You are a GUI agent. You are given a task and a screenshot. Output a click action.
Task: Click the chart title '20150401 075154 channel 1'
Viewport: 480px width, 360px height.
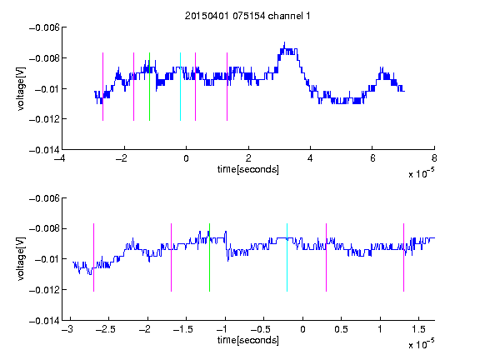(x=247, y=16)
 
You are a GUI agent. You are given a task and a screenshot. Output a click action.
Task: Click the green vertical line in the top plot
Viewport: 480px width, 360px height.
(x=149, y=87)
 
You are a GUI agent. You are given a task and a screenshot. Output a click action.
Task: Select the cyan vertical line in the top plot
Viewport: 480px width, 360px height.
(x=180, y=87)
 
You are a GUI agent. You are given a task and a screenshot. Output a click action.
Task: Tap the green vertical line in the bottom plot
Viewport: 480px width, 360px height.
(x=210, y=257)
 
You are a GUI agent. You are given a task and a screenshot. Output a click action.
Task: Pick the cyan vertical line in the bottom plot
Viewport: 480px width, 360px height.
(x=287, y=257)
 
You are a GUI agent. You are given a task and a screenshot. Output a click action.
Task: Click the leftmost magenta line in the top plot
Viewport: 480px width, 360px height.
(x=102, y=87)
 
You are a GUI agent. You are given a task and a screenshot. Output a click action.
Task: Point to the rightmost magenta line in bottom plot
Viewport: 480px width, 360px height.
(x=404, y=257)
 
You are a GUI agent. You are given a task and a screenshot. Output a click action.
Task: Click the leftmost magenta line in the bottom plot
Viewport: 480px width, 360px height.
(x=93, y=257)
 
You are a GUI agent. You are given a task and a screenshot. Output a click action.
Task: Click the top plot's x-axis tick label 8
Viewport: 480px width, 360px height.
(x=434, y=158)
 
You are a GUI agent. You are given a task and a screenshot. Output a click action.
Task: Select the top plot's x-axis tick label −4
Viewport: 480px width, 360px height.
(x=59, y=158)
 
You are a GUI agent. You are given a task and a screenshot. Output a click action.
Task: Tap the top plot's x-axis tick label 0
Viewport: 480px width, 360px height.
(x=186, y=158)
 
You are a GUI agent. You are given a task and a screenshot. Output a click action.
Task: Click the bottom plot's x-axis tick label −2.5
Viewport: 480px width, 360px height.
(x=106, y=329)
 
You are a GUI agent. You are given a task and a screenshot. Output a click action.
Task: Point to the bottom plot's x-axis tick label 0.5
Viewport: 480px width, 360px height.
(x=342, y=329)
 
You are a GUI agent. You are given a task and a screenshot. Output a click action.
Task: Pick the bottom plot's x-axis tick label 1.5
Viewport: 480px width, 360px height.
(x=419, y=329)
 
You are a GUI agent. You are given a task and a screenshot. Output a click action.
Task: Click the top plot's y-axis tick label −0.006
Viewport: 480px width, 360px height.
(x=44, y=27)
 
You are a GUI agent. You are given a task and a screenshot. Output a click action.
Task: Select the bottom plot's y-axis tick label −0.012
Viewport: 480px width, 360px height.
(x=44, y=290)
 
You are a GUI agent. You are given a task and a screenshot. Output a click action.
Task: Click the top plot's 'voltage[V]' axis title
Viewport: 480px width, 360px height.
(x=21, y=89)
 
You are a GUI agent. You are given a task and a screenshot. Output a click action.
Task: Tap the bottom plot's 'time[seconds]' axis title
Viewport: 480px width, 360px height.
(x=248, y=340)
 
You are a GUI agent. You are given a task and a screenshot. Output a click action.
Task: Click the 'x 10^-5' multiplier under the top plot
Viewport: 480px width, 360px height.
(x=422, y=173)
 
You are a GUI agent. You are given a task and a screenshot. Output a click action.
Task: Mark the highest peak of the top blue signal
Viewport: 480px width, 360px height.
(x=284, y=42)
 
